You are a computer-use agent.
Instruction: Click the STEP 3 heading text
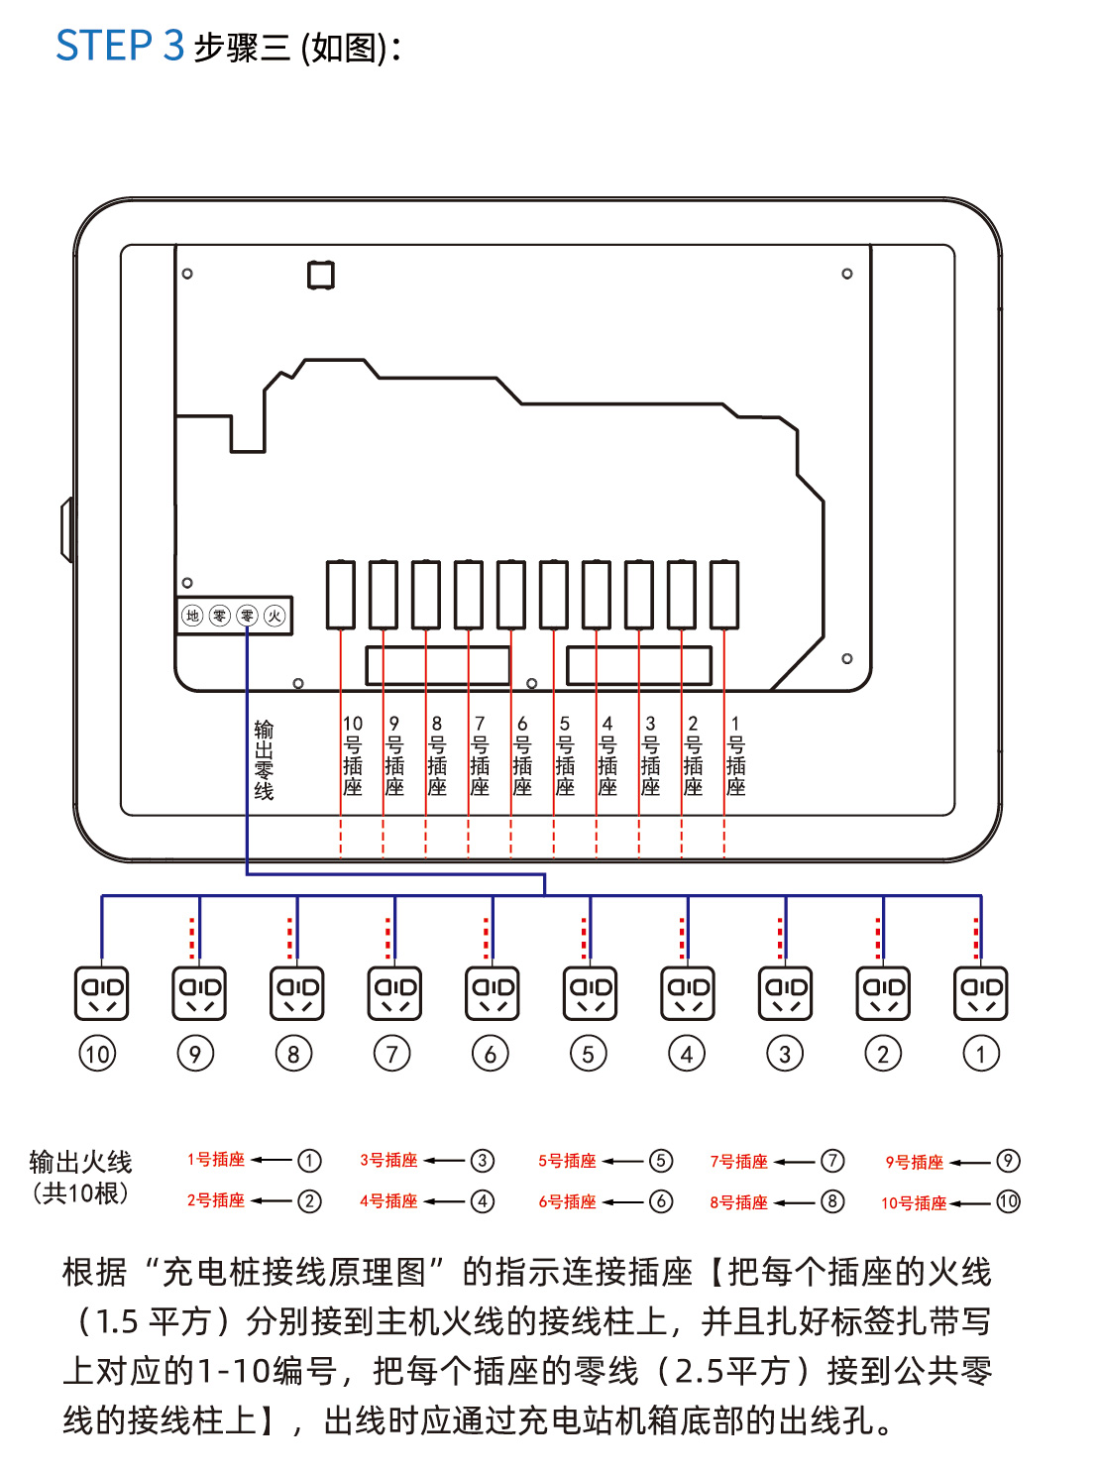tap(120, 47)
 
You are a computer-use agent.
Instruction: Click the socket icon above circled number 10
tap(101, 993)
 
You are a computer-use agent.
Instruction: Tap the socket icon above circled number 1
tap(981, 993)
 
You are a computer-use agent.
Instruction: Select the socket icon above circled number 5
tap(590, 993)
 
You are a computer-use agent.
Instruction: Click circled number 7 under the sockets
tap(392, 1054)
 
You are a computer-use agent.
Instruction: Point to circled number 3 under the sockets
tap(785, 1054)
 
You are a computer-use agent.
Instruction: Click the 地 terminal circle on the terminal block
tap(193, 616)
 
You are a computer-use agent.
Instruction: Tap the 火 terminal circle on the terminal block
tap(275, 616)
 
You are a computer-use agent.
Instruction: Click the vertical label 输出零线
tap(264, 760)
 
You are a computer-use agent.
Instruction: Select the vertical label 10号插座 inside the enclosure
tap(353, 756)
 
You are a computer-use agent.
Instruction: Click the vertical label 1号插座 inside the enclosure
tap(735, 756)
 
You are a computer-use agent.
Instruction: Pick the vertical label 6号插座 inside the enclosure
tap(522, 756)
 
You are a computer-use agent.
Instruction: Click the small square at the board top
tap(321, 275)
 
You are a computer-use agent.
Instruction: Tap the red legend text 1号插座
tap(216, 1160)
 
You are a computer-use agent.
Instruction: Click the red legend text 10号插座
tap(914, 1203)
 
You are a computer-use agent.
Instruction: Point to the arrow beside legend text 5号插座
tap(623, 1161)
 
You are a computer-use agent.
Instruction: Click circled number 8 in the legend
tap(832, 1201)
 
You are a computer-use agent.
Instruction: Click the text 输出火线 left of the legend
tap(80, 1162)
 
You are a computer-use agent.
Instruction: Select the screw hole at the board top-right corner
tap(847, 274)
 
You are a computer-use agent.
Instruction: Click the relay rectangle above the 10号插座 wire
tap(341, 595)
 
